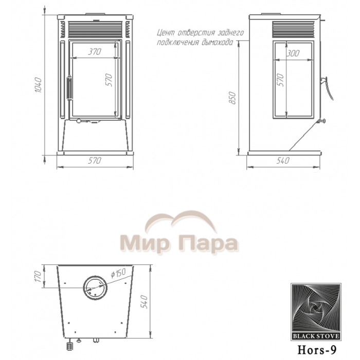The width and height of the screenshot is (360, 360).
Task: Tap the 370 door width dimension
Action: click(x=93, y=52)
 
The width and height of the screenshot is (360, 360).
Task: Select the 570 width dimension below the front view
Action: click(x=93, y=161)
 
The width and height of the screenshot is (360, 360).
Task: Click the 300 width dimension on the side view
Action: click(x=293, y=53)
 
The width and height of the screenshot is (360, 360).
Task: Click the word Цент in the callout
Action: click(x=166, y=33)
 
